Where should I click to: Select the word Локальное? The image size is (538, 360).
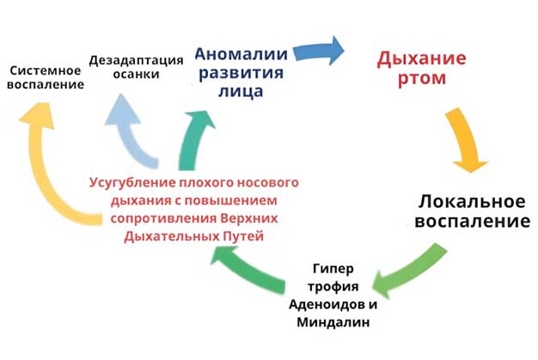point(471,202)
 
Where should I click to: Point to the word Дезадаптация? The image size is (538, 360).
point(137,60)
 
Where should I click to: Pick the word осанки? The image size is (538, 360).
point(137,76)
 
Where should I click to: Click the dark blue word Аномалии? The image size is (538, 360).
point(228,52)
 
